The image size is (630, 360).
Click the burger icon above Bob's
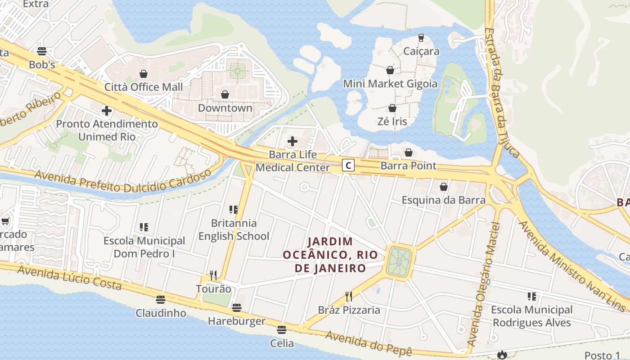point(42,51)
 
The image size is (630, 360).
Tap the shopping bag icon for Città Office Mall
point(144,73)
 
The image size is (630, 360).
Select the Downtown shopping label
point(225,108)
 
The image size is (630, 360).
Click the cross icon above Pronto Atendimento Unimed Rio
point(107,110)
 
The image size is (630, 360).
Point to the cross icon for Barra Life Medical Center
point(292,141)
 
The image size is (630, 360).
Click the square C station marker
point(348,165)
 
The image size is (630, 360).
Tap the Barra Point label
point(408,166)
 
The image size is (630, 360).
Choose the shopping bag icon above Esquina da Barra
point(444,186)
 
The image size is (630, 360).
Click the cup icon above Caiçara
point(421,38)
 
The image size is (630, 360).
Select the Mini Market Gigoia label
point(390,84)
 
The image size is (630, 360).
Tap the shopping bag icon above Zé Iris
point(392,108)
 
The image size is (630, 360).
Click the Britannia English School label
point(234,229)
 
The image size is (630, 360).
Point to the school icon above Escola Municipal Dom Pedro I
point(144,227)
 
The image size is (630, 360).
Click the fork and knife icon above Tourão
point(213,275)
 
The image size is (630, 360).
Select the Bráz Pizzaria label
point(349,310)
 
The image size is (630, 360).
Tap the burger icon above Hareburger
point(236,308)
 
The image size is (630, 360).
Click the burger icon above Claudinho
point(161,299)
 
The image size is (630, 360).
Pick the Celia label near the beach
point(282,343)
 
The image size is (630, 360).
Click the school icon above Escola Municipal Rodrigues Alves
point(532,297)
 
